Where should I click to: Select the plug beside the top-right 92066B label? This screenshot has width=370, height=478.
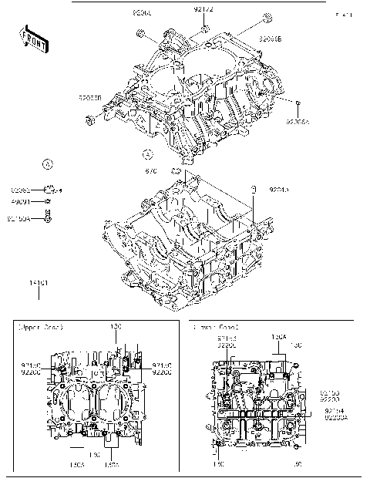pos(267,19)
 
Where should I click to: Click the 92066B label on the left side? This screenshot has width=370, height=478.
pos(90,98)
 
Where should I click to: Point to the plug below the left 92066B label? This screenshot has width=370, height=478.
pos(91,119)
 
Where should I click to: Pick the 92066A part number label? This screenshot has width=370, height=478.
pos(298,121)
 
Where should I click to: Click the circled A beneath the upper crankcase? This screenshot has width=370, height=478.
pos(147,153)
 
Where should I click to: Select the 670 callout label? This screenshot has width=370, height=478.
pos(152,171)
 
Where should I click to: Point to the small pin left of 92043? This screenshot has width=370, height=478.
pos(252,188)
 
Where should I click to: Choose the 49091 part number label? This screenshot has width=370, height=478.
pos(21,201)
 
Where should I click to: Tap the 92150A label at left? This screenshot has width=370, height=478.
pos(18,218)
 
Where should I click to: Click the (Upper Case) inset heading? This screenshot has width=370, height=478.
pos(40,327)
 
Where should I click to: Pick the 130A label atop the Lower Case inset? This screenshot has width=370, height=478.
pos(278,337)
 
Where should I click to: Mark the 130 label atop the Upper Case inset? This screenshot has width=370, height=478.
pos(116,327)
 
